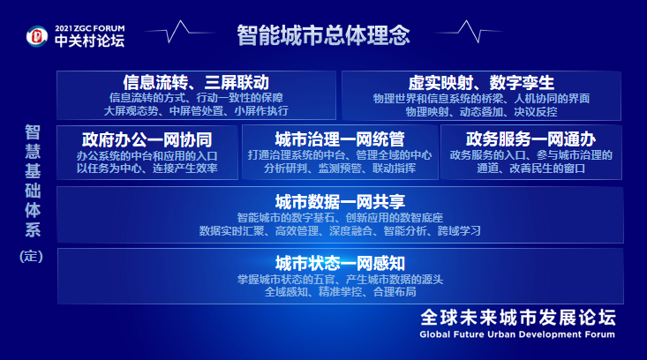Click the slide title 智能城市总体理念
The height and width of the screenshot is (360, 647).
[x=323, y=35]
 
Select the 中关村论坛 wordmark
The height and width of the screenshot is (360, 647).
[x=87, y=41]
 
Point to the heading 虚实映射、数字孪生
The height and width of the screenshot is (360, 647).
[x=481, y=81]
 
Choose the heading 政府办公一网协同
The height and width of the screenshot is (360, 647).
[x=147, y=139]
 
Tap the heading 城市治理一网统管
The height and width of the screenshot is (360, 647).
[x=339, y=139]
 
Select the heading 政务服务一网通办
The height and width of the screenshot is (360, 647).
[x=530, y=139]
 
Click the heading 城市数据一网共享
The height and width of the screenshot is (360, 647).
[x=339, y=201]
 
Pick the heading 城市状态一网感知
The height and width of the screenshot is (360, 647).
[x=339, y=263]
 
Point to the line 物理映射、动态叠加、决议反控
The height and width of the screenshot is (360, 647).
[x=481, y=112]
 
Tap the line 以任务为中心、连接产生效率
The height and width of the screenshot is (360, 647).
[x=147, y=168]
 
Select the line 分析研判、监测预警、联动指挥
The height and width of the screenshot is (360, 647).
[x=339, y=168]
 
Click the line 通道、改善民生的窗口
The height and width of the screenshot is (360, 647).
[x=530, y=168]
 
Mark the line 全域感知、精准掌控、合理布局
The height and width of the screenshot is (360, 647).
[x=339, y=292]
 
